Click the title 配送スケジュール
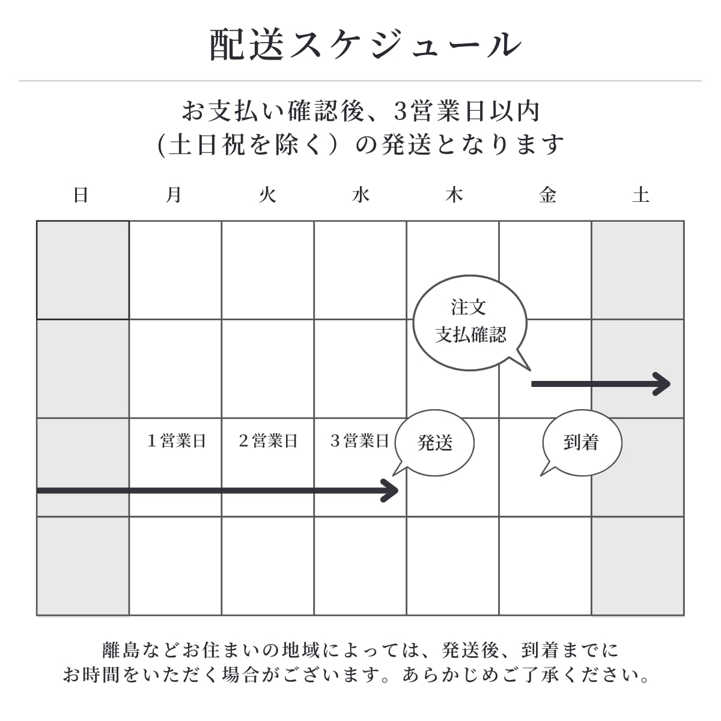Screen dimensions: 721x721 [365, 44]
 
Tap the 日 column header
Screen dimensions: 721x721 [81, 195]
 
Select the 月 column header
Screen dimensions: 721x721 [174, 195]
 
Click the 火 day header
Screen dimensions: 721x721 [267, 195]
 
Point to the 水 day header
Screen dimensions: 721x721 [360, 195]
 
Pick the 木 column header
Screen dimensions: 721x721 [454, 195]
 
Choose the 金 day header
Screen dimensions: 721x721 [547, 195]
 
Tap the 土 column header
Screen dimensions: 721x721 [640, 195]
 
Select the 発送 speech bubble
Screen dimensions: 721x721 [435, 443]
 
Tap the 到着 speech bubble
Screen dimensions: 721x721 [582, 443]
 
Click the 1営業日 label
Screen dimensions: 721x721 [177, 441]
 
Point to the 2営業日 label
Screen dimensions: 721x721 [268, 441]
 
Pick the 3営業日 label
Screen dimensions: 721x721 [360, 441]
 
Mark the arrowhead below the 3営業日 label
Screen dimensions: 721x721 [391, 491]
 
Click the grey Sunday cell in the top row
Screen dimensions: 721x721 [83, 270]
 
